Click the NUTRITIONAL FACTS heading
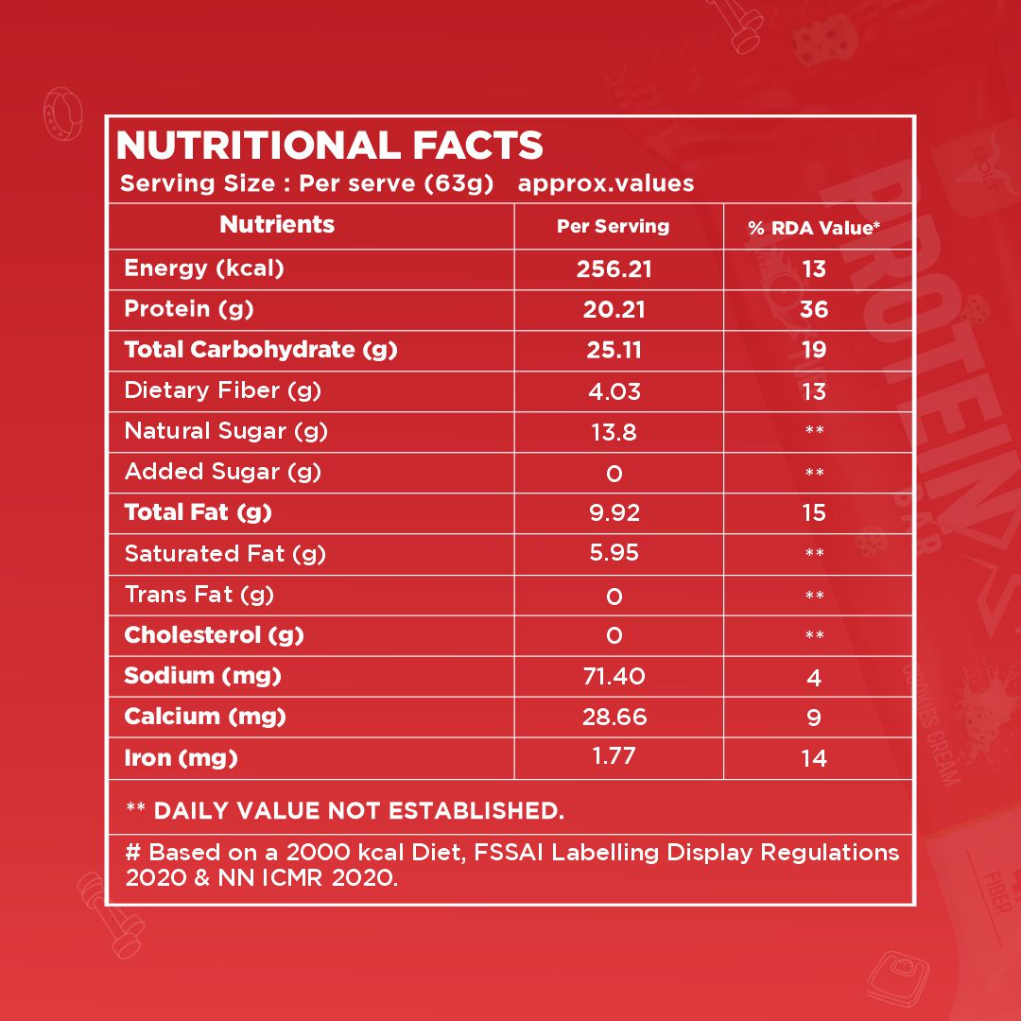(329, 147)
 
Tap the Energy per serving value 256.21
(614, 269)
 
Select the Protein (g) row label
(189, 309)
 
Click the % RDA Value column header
(814, 228)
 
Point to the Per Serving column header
(613, 227)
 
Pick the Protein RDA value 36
(814, 310)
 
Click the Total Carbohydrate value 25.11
(614, 351)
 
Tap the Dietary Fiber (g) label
(216, 390)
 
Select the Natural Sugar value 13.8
(614, 432)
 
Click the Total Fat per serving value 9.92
(614, 513)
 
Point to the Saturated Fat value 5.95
(614, 553)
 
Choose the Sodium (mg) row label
(202, 676)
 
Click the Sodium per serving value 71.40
(614, 676)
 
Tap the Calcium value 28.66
(614, 718)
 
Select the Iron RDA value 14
(814, 758)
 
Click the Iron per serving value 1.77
(614, 756)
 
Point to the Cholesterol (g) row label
(214, 635)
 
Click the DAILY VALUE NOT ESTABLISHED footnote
(345, 810)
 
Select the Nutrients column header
(277, 224)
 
